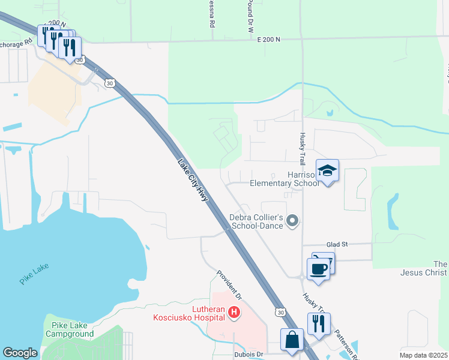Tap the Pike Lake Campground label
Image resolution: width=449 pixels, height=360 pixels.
coord(68,329)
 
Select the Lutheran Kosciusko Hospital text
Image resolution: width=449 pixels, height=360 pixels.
coord(188,313)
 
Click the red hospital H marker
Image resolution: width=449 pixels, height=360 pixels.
coord(234,312)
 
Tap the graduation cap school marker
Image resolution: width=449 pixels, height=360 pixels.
coord(328,171)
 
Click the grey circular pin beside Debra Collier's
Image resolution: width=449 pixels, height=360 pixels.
coord(292,221)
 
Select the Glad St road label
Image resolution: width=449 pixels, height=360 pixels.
coord(337,245)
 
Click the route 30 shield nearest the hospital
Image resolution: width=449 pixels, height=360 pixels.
coord(280,311)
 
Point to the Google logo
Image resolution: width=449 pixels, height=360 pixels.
coord(20,353)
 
